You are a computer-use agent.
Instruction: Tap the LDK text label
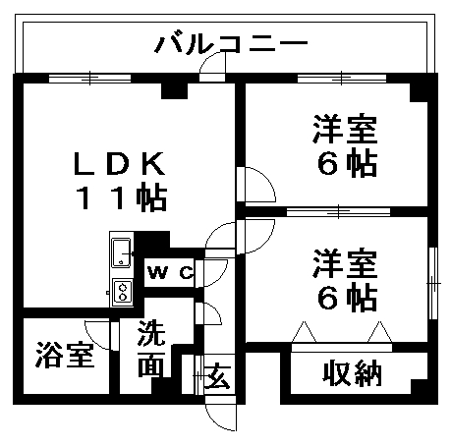[x=120, y=163]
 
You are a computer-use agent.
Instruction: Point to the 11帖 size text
[x=121, y=197]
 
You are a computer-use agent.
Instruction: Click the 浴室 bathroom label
[x=65, y=355]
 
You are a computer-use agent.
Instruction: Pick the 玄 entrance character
[x=217, y=375]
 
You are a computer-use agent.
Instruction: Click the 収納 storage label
[x=353, y=373]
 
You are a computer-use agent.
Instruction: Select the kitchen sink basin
[x=121, y=252]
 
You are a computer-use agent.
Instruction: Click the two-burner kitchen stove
[x=123, y=293]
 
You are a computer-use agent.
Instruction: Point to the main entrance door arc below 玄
[x=213, y=422]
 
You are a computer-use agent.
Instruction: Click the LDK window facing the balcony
[x=89, y=79]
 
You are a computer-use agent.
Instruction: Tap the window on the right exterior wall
[x=433, y=283]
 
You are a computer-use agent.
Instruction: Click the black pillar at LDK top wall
[x=174, y=90]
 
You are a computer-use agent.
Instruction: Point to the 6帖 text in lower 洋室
[x=347, y=299]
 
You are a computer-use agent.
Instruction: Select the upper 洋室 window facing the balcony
[x=342, y=79]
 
